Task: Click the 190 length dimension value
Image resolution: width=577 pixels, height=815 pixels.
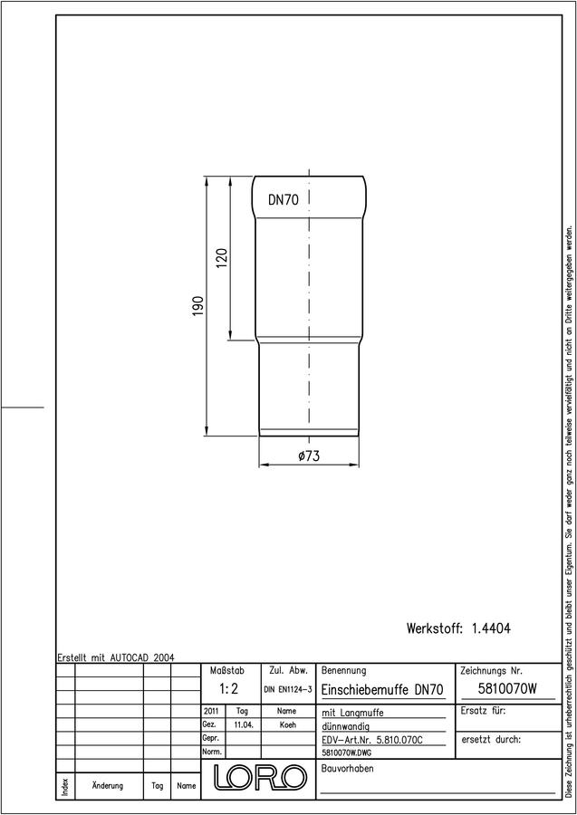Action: (x=198, y=307)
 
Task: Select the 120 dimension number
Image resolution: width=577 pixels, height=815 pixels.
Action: (x=221, y=258)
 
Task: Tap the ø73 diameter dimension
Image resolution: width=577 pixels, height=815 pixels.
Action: (x=309, y=456)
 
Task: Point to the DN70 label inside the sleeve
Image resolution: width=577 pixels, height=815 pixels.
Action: (x=284, y=200)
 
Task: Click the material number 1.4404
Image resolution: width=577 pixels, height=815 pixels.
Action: (x=491, y=628)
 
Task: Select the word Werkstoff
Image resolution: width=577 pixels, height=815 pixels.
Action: (x=435, y=628)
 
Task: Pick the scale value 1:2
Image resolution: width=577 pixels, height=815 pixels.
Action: (x=229, y=690)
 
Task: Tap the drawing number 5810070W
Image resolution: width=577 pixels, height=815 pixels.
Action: (x=507, y=689)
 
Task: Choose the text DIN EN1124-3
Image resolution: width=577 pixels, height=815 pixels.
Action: (x=288, y=690)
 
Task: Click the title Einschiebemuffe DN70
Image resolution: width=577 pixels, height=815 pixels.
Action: (x=382, y=690)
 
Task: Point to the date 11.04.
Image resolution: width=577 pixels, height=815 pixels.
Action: (x=244, y=725)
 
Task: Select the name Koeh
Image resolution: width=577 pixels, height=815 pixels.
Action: (x=287, y=725)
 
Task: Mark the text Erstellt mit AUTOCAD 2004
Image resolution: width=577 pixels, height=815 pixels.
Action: (x=116, y=657)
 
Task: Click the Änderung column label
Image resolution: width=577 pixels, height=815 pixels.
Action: (x=108, y=785)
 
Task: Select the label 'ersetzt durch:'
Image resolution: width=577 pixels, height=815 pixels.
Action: (x=491, y=740)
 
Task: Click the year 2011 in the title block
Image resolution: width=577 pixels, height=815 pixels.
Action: (x=211, y=711)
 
